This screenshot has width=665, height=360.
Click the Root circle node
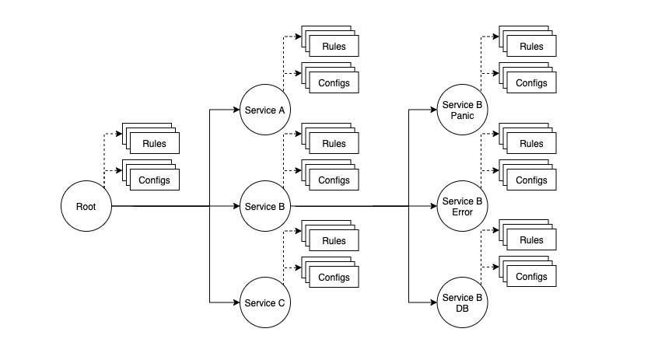86,206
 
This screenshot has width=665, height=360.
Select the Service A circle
265,110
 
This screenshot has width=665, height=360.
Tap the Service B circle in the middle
265,206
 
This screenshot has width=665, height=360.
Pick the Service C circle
265,302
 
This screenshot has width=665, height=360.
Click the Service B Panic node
463,110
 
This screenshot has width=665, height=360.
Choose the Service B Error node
463,206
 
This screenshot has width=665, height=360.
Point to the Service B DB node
463,302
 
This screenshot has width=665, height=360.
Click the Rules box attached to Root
154,143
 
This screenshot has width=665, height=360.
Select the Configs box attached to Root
154,179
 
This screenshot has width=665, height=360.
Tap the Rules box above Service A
334,47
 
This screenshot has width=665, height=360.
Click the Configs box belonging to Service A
334,83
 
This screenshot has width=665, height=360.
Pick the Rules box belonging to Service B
334,144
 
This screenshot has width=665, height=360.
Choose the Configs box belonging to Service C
334,277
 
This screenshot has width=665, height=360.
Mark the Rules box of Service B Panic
531,47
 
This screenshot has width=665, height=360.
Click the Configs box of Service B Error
531,180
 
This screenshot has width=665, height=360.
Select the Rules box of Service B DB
531,240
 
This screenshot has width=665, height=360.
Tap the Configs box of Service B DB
531,277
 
